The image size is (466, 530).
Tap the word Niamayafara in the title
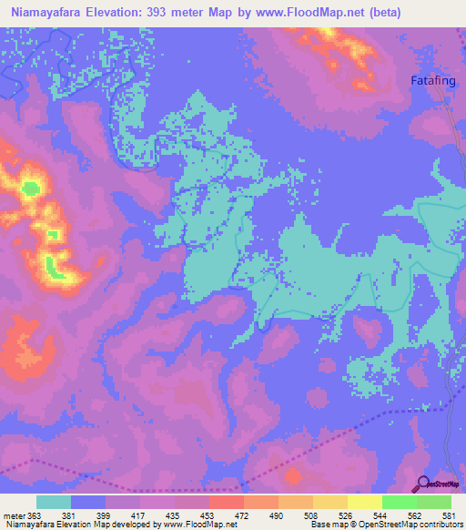pos(46,14)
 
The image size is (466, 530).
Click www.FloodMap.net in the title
pos(298,14)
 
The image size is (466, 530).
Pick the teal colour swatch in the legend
pos(54,502)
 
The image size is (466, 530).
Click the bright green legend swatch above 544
pos(399,502)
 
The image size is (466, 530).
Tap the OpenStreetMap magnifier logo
pos(422,485)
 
